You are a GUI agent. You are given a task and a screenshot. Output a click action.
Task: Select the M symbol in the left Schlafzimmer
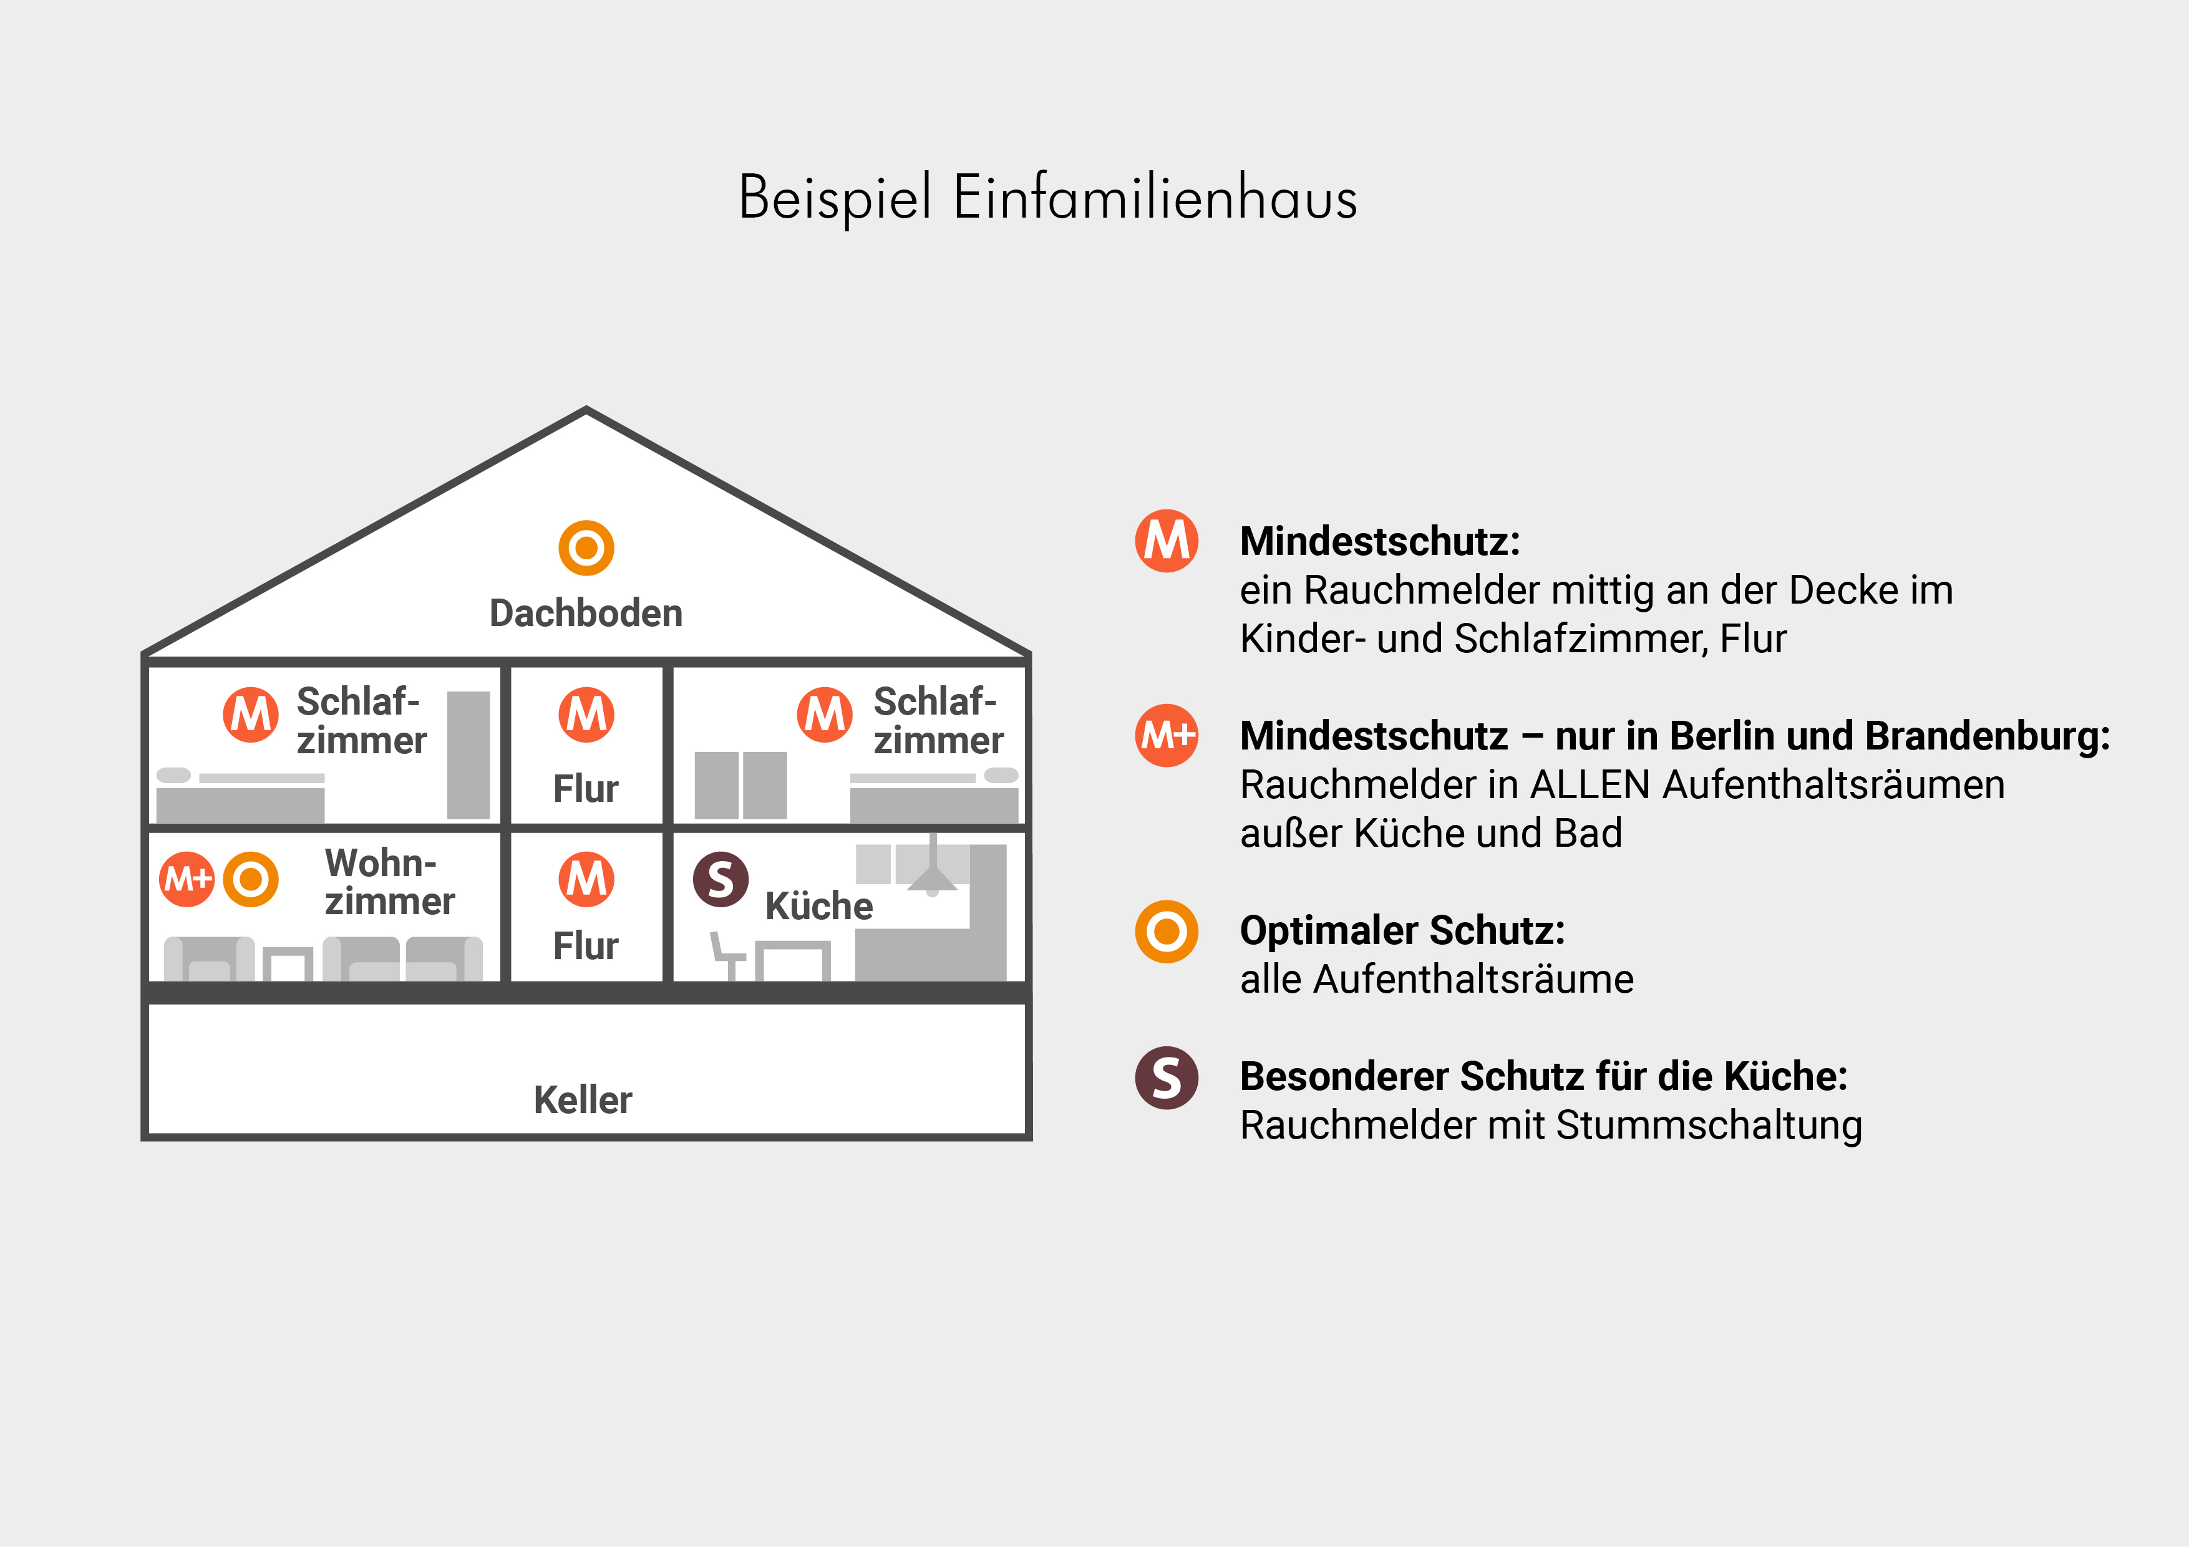click(x=251, y=715)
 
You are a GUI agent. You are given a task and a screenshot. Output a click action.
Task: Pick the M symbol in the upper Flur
click(x=586, y=715)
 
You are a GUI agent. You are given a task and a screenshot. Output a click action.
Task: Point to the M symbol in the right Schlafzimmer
click(x=825, y=715)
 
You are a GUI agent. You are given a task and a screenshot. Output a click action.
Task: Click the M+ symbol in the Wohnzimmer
click(x=187, y=879)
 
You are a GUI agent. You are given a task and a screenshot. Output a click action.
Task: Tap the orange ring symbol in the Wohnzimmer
click(x=251, y=879)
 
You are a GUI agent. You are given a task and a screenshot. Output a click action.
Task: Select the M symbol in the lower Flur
click(x=586, y=879)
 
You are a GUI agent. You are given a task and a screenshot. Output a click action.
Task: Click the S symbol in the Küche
click(x=721, y=879)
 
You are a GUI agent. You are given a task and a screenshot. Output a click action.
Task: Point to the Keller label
click(x=583, y=1100)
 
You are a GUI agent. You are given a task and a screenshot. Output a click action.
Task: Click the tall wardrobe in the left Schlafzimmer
click(x=468, y=755)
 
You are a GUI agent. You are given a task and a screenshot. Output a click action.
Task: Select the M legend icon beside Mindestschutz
click(x=1166, y=541)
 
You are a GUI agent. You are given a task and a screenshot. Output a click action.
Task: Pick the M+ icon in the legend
click(x=1166, y=735)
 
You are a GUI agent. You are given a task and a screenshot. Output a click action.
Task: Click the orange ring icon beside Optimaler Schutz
click(x=1166, y=931)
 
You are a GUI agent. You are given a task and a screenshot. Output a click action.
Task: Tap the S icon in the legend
click(x=1166, y=1078)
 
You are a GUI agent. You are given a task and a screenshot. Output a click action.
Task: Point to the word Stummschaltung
click(x=1709, y=1125)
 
